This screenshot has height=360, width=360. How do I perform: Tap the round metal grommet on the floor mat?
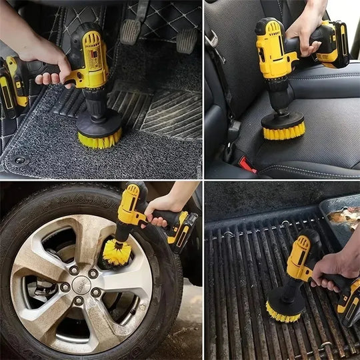[x=19, y=160]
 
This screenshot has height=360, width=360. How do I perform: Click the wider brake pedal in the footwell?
[x=131, y=30]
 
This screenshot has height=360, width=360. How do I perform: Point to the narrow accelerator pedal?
[x=187, y=39]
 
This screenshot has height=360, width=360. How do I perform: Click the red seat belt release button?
[x=247, y=164]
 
